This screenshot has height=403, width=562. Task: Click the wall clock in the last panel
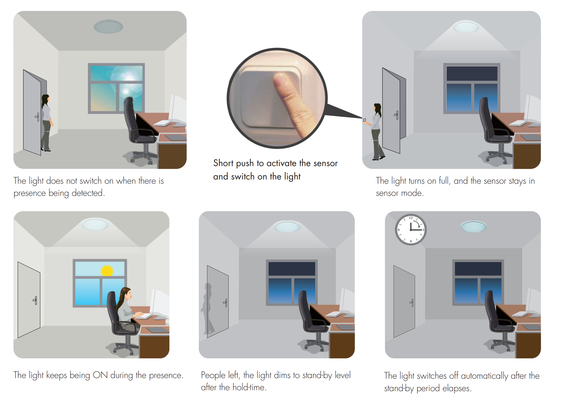410,230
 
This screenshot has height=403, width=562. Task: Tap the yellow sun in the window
107,270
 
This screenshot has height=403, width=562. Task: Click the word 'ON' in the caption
100,375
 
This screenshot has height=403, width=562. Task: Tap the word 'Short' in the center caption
223,163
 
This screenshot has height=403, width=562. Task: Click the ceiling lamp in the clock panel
473,226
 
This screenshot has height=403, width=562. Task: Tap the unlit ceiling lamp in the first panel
108,26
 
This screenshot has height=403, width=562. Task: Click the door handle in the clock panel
411,302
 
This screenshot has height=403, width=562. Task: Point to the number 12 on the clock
411,218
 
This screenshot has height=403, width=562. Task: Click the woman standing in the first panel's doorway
46,123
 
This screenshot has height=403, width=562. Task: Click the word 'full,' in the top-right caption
444,181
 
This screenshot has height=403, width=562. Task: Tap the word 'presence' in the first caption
30,193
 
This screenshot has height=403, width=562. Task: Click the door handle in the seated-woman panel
35,300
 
